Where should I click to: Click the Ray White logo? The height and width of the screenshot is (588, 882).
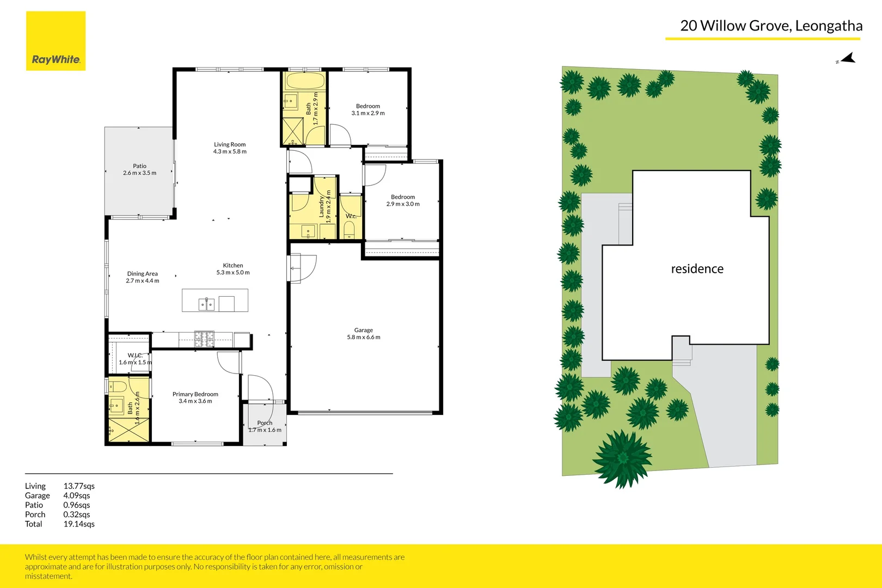[56, 41]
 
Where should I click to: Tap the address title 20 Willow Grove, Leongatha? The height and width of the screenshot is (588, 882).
[771, 26]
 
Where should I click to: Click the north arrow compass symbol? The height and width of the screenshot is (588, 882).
[847, 58]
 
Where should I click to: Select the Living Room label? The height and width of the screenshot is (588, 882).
[230, 145]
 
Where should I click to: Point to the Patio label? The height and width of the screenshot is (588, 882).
[139, 166]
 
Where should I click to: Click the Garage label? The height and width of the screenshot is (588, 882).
[364, 330]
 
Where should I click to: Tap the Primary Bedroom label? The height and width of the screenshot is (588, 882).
[195, 394]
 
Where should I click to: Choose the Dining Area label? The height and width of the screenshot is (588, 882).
[142, 274]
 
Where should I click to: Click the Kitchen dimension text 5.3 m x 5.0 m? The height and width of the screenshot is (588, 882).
[233, 273]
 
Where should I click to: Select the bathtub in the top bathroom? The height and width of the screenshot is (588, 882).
[305, 82]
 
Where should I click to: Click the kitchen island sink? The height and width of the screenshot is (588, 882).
[206, 304]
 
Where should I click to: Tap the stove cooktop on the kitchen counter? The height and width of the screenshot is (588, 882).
[205, 339]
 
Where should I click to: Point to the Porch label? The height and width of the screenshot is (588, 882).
[265, 423]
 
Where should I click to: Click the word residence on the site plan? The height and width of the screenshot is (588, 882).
[697, 269]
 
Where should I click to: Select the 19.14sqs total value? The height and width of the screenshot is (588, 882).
[79, 524]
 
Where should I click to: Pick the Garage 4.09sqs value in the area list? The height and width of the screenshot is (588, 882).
[77, 495]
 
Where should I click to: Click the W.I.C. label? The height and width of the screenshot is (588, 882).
[134, 356]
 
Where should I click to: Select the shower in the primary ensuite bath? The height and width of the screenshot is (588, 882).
[128, 430]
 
